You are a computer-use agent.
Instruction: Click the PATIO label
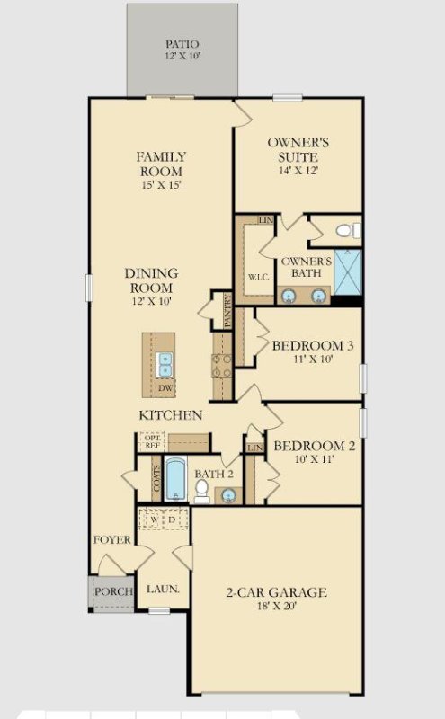point(182,43)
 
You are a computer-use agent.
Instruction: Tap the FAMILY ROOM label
point(161,164)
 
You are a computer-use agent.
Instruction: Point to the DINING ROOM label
point(151,280)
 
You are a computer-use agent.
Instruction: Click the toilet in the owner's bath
point(348,232)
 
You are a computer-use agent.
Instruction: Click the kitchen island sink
point(165,364)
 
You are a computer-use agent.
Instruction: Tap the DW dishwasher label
point(165,388)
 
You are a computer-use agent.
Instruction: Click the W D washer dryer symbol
point(163,519)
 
